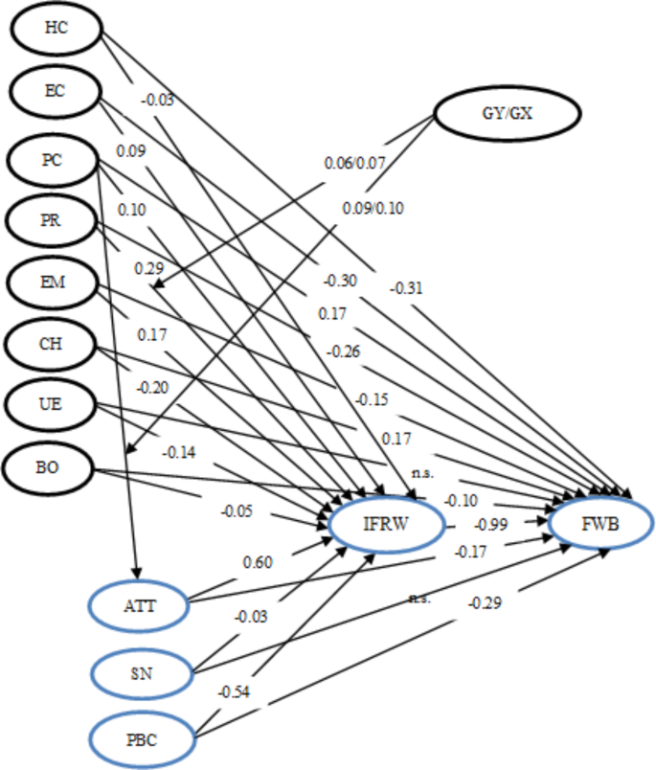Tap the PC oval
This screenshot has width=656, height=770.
53,160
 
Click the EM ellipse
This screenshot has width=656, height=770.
53,283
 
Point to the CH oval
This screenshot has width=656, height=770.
53,343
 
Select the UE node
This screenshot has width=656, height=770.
53,404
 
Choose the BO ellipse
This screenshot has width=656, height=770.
48,468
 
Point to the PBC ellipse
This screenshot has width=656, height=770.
142,738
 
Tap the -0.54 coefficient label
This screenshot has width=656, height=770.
231,691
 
